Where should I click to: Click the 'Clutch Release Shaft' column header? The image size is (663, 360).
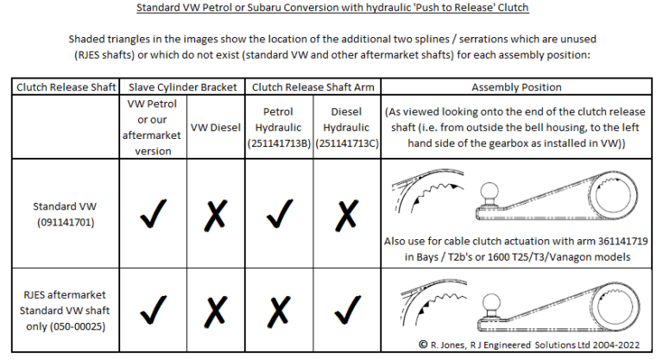[x=63, y=86]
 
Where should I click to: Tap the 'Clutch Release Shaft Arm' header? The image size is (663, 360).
[x=314, y=86]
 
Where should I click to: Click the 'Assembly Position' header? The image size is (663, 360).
[x=516, y=86]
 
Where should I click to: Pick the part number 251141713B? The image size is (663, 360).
[x=281, y=143]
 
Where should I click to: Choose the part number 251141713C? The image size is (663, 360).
[x=346, y=143]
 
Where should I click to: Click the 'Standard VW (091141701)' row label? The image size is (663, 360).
[x=63, y=215]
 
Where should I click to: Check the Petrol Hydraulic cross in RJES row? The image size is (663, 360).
[x=281, y=308]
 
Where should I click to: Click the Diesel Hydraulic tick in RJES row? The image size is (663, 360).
[x=346, y=308]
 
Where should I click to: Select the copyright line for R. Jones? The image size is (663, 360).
[x=530, y=344]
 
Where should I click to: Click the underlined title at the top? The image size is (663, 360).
[x=332, y=9]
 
